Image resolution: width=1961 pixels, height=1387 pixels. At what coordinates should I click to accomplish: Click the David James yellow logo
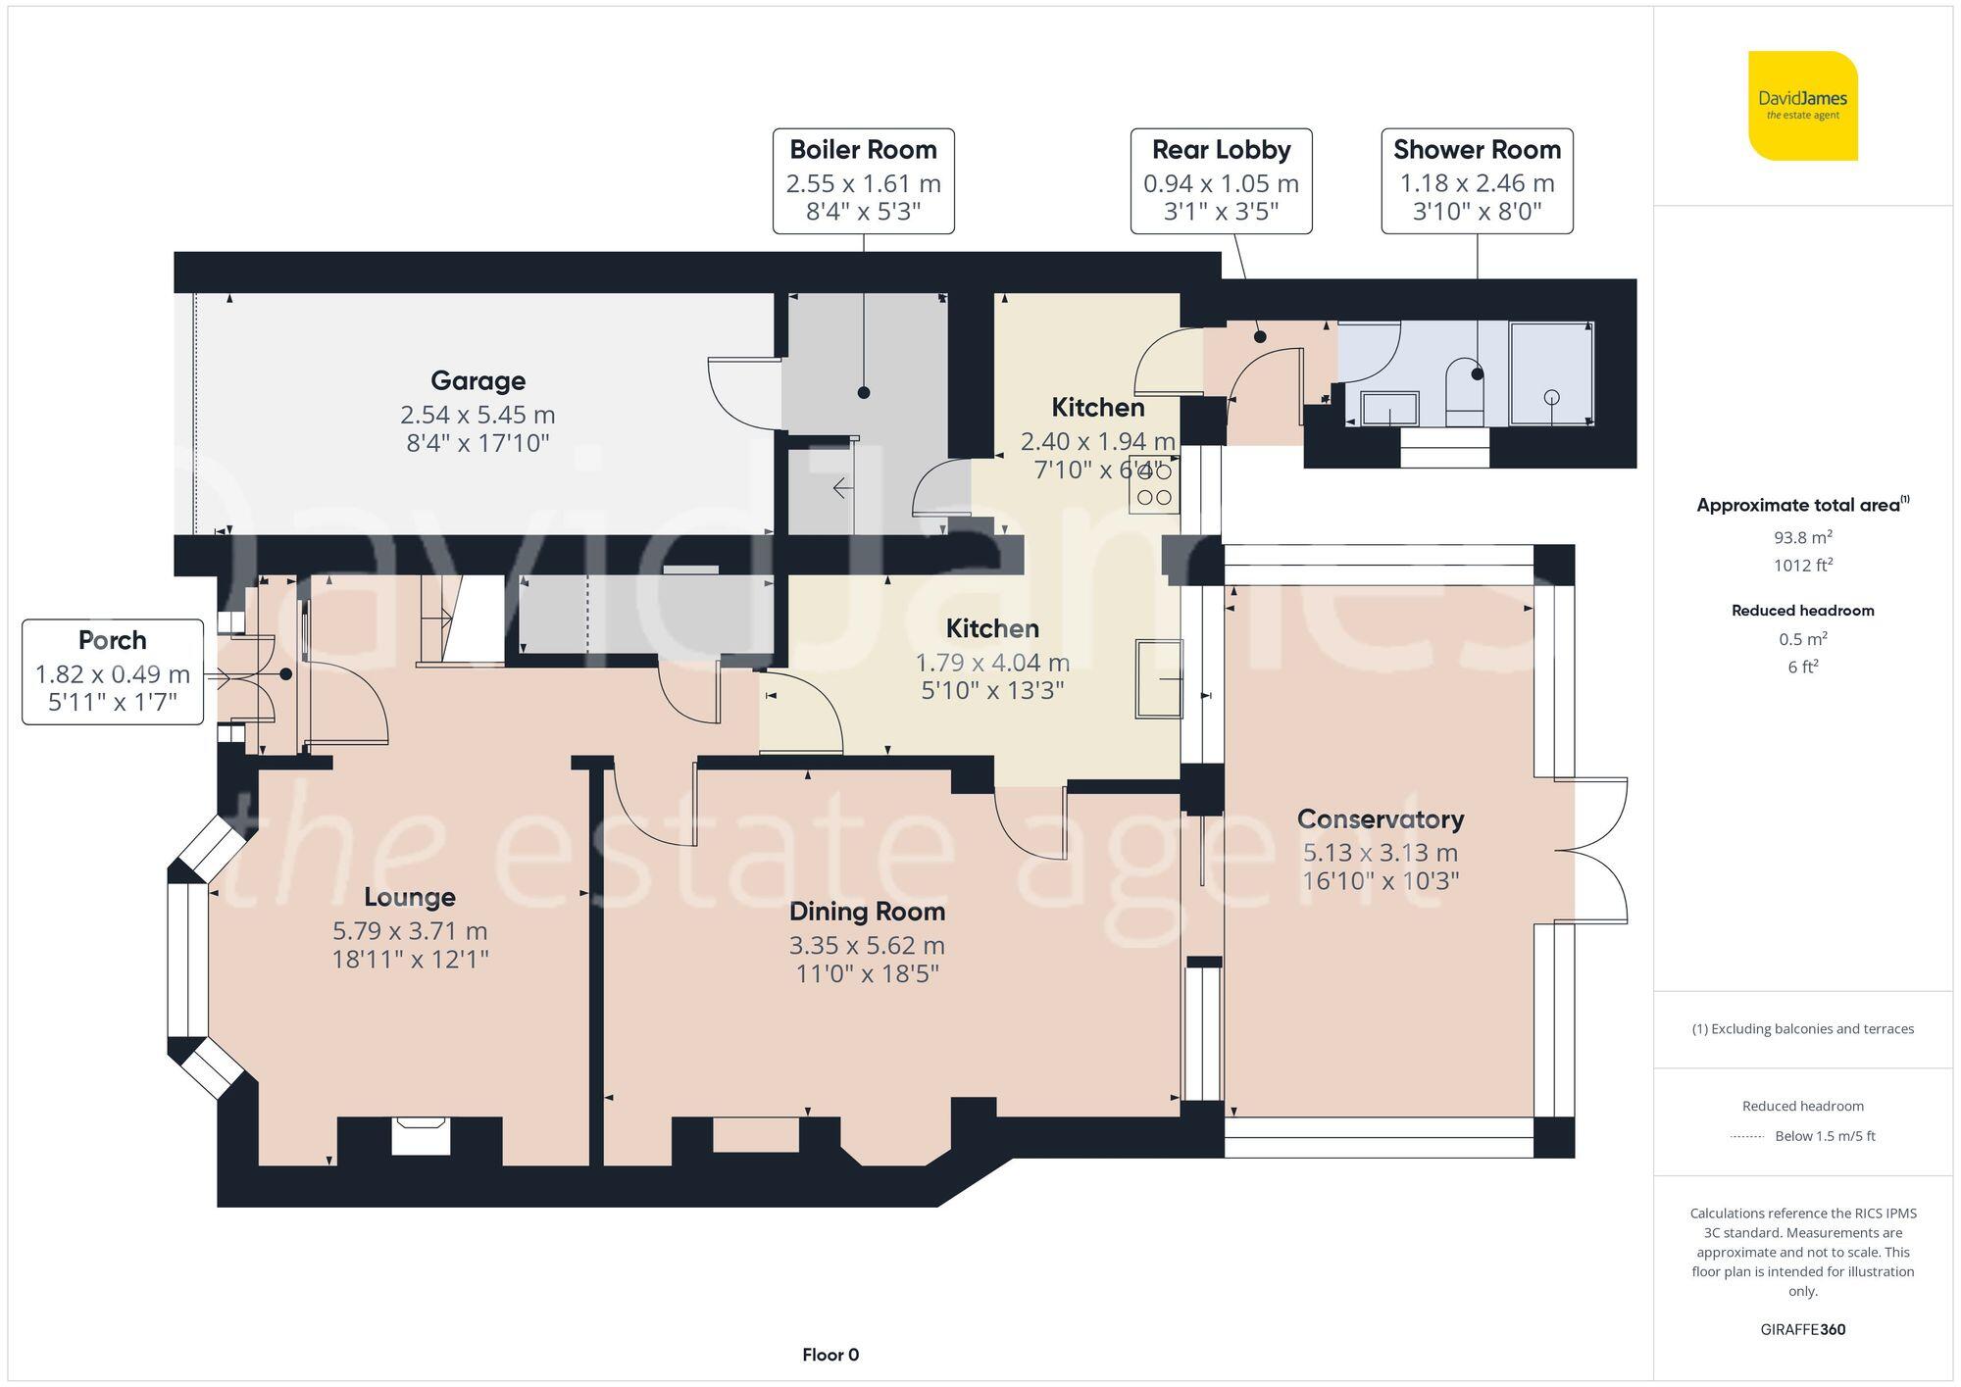(1802, 106)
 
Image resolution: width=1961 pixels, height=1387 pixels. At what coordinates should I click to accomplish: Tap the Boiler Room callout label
(863, 180)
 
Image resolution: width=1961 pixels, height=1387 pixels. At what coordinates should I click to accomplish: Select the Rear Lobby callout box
(1221, 180)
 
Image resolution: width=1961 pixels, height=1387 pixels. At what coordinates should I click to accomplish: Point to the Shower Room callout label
(1477, 180)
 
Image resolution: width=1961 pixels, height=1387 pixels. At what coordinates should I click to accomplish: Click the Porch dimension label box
(113, 671)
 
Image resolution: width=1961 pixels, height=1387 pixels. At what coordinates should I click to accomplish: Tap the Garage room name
(478, 380)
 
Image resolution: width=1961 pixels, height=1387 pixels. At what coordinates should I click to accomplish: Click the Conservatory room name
(1380, 818)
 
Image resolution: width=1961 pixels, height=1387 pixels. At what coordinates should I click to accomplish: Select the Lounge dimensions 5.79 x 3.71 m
(410, 930)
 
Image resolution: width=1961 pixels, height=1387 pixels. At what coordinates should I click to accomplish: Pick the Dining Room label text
(867, 912)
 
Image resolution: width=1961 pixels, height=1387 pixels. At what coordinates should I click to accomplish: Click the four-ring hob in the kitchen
(1154, 484)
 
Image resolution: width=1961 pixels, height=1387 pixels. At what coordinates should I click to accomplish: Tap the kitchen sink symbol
(1159, 678)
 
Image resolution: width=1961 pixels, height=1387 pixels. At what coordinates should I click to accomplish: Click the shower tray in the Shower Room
(1551, 373)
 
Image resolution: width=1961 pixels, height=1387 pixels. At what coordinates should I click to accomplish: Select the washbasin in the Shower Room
(1389, 408)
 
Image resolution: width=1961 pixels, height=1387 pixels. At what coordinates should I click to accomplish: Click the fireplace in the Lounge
(421, 1136)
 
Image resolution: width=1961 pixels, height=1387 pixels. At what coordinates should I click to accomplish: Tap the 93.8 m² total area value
(1802, 537)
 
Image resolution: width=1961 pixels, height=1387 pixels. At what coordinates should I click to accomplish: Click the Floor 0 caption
(830, 1355)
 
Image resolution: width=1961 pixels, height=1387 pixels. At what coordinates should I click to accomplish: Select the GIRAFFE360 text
(1802, 1329)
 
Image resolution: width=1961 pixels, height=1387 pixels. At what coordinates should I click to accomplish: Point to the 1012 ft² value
(1802, 566)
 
